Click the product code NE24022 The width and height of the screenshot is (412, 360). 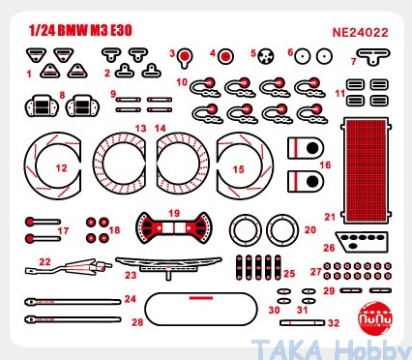[x=360, y=33]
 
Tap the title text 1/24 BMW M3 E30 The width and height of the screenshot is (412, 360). [x=80, y=30]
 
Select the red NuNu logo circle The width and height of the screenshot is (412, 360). [x=375, y=318]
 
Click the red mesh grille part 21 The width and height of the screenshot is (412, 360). [x=366, y=170]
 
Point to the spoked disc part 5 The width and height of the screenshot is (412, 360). [x=267, y=56]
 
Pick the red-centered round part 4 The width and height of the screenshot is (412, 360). [x=225, y=56]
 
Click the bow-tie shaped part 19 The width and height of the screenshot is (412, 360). [x=174, y=227]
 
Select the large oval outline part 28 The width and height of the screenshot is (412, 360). [x=201, y=310]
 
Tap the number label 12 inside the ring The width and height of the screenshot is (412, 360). [x=61, y=167]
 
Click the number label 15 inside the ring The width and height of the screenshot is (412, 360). [x=238, y=169]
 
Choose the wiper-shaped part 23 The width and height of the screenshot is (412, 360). [x=168, y=263]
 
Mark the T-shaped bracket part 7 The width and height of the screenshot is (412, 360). [x=373, y=56]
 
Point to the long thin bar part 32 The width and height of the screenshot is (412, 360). [x=303, y=322]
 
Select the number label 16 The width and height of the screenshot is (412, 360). [x=325, y=165]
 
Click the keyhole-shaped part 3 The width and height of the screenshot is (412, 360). [x=185, y=57]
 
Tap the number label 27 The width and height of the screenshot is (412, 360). [x=316, y=272]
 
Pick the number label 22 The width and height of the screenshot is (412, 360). [x=44, y=261]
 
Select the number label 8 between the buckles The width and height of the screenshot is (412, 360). [x=62, y=95]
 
